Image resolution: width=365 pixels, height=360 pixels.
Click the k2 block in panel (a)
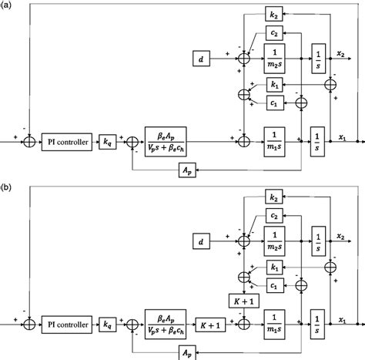pyautogui.click(x=274, y=14)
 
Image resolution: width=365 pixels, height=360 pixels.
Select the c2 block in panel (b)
pyautogui.click(x=274, y=217)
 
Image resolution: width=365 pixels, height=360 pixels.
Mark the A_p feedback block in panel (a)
pyautogui.click(x=188, y=169)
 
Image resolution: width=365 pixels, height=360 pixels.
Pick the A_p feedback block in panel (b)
pyautogui.click(x=188, y=352)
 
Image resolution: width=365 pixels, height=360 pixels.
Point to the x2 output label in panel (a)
pyautogui.click(x=340, y=51)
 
